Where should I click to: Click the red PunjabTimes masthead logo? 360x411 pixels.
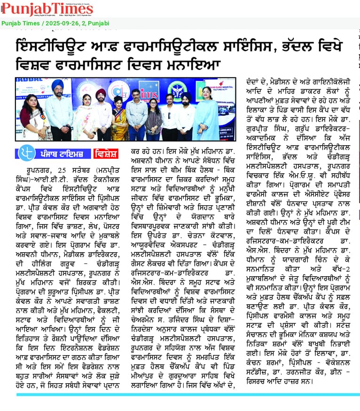(47, 9)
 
